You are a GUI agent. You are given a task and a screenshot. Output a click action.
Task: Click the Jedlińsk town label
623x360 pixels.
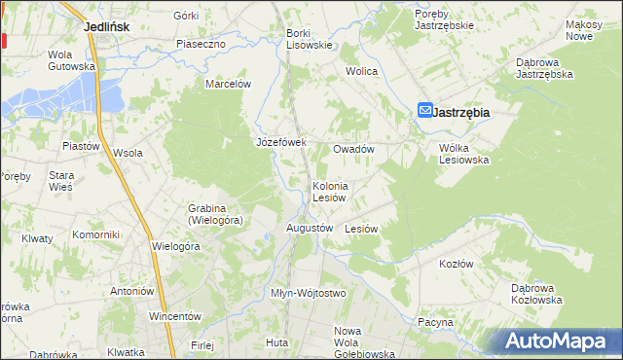coord(108,27)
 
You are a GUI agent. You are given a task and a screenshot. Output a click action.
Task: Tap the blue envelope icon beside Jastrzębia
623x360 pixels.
coord(426,112)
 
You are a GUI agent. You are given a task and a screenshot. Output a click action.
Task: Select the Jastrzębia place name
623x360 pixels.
coord(461,113)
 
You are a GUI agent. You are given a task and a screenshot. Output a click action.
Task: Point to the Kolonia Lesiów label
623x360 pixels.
coord(330,192)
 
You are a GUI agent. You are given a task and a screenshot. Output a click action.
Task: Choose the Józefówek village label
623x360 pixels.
coord(281,142)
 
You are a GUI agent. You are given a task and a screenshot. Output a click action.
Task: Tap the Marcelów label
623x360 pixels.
coord(228,84)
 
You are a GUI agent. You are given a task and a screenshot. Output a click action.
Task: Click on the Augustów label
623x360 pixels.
coord(311,228)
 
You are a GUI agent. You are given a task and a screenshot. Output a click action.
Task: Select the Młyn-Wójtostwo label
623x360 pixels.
coord(308,293)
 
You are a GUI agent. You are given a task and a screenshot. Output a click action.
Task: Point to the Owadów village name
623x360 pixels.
coord(354,150)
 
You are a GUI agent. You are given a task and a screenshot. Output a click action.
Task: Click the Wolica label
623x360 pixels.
coord(362,71)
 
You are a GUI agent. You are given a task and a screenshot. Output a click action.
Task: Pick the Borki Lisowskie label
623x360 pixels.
coord(310,39)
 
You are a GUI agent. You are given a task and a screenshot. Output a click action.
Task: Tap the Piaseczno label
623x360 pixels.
coord(202,44)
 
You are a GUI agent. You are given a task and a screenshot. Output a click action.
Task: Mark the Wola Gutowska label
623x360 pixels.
coord(72,60)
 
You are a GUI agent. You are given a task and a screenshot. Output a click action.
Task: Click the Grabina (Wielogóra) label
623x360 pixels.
coord(215,214)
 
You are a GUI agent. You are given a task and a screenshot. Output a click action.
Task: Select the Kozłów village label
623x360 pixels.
coord(456,264)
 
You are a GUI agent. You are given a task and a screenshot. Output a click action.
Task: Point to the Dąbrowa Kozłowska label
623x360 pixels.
coord(537,294)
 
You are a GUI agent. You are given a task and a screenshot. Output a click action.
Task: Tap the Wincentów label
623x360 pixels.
coord(174,316)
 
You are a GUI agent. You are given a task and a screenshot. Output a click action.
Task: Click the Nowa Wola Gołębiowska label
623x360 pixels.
coord(363,342)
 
